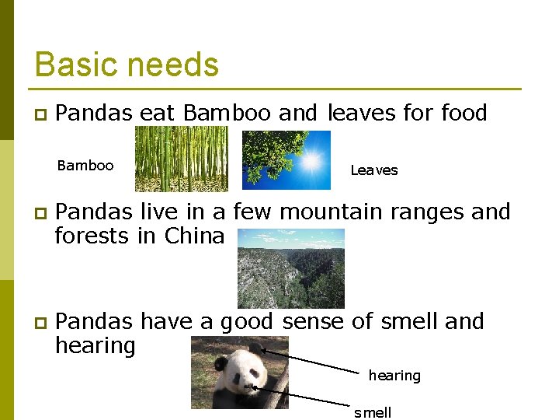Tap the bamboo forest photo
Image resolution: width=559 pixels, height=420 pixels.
click(181, 159)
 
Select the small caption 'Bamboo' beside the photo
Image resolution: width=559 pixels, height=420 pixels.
click(85, 166)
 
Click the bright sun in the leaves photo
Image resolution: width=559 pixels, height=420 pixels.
click(311, 162)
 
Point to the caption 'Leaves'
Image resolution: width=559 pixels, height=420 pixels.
click(373, 170)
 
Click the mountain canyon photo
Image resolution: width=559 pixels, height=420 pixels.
click(290, 268)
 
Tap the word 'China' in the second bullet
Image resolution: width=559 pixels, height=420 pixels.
click(194, 236)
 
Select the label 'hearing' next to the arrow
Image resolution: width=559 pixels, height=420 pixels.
click(394, 376)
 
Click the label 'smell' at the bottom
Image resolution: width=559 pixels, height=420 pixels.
click(373, 412)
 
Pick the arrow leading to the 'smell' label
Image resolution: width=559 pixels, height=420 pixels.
click(303, 396)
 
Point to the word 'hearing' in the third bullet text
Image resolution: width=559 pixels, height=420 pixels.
click(95, 345)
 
